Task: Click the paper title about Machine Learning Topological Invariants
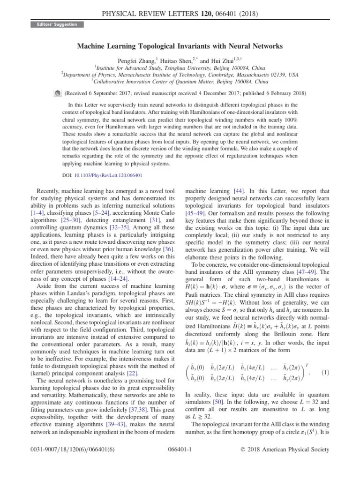180,46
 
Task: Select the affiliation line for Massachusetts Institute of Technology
180,74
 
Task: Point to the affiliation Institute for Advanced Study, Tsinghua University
180,67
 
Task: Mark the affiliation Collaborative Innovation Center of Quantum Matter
180,81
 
